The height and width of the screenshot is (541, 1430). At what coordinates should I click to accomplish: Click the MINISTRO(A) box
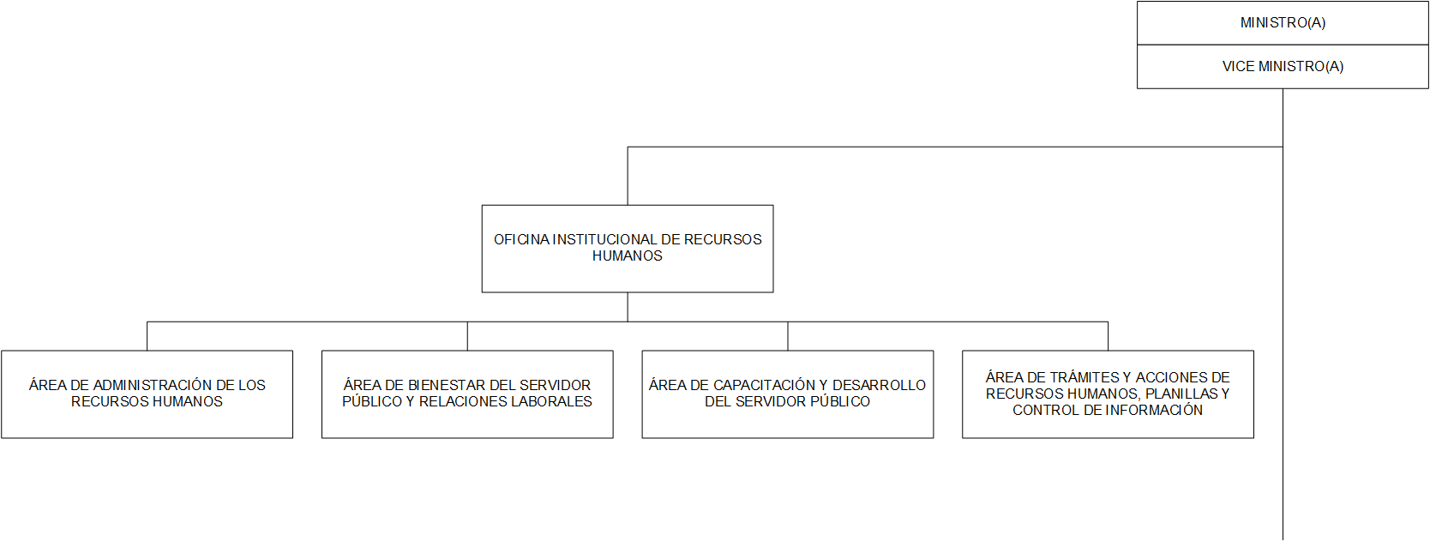point(1283,23)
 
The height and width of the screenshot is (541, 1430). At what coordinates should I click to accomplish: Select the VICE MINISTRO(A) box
point(1283,66)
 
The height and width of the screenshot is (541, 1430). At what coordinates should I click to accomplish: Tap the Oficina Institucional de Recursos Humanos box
point(628,249)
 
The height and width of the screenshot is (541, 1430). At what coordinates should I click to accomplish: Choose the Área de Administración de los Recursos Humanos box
point(147,394)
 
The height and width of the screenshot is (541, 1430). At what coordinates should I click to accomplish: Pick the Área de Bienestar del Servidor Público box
point(467,394)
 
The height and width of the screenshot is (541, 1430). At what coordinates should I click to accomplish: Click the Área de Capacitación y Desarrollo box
point(788,394)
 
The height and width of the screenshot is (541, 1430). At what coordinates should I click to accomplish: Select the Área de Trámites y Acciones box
point(1109,394)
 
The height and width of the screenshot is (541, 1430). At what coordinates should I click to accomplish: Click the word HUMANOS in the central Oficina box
point(627,255)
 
